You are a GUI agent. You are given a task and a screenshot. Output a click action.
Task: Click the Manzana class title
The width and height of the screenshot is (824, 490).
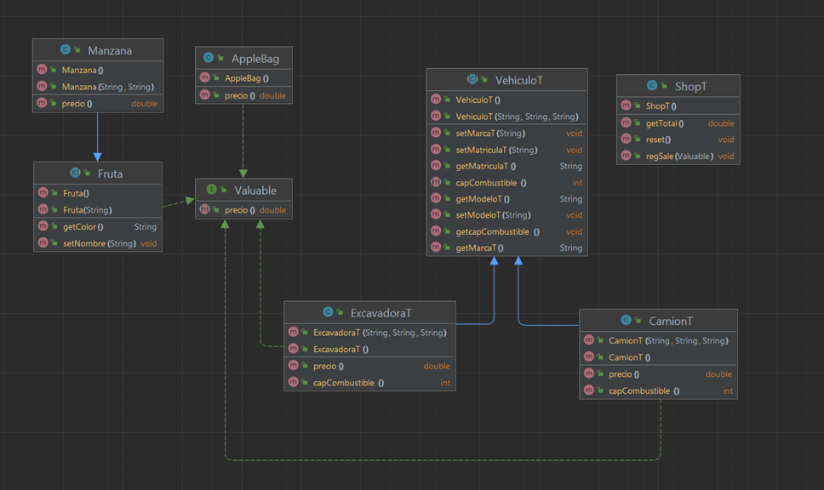(x=110, y=50)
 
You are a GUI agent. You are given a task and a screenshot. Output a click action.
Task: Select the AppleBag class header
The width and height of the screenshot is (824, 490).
(x=255, y=59)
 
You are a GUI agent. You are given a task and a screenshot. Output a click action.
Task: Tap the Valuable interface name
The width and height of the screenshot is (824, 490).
(x=255, y=190)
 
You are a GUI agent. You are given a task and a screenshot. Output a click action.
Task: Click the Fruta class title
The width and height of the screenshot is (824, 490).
(x=110, y=174)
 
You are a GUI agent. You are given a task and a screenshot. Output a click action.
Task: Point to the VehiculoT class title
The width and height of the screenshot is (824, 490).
(x=519, y=80)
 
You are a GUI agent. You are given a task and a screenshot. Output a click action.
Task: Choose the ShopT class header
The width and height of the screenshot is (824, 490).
(x=691, y=87)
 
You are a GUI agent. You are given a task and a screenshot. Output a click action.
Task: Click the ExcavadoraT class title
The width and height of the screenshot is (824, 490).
(x=381, y=313)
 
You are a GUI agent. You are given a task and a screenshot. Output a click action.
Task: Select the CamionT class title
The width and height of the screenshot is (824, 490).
(x=671, y=321)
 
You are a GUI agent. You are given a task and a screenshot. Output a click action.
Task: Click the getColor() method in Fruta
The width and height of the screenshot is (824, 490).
(x=83, y=227)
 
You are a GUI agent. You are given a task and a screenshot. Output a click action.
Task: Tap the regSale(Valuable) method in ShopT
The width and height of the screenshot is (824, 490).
(x=679, y=157)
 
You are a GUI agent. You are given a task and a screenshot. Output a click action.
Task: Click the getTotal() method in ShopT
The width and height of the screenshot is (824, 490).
(x=665, y=123)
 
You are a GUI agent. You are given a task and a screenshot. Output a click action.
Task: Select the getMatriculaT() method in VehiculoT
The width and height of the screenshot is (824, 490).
(x=485, y=166)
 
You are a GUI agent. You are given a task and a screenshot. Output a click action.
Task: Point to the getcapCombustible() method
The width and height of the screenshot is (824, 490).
(x=498, y=231)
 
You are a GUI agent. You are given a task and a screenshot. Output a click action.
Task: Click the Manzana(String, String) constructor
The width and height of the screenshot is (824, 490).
(x=108, y=87)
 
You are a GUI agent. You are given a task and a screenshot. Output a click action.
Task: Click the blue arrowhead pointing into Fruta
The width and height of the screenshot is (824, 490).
(x=97, y=157)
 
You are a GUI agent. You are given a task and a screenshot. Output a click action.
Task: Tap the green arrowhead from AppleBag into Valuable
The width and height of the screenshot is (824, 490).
(x=243, y=174)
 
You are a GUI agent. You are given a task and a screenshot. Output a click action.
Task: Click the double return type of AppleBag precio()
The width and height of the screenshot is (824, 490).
(x=272, y=95)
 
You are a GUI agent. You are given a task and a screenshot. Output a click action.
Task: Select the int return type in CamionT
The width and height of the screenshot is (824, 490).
(x=728, y=390)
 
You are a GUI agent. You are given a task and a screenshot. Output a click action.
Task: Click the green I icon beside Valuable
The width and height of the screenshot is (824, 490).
(x=211, y=190)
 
